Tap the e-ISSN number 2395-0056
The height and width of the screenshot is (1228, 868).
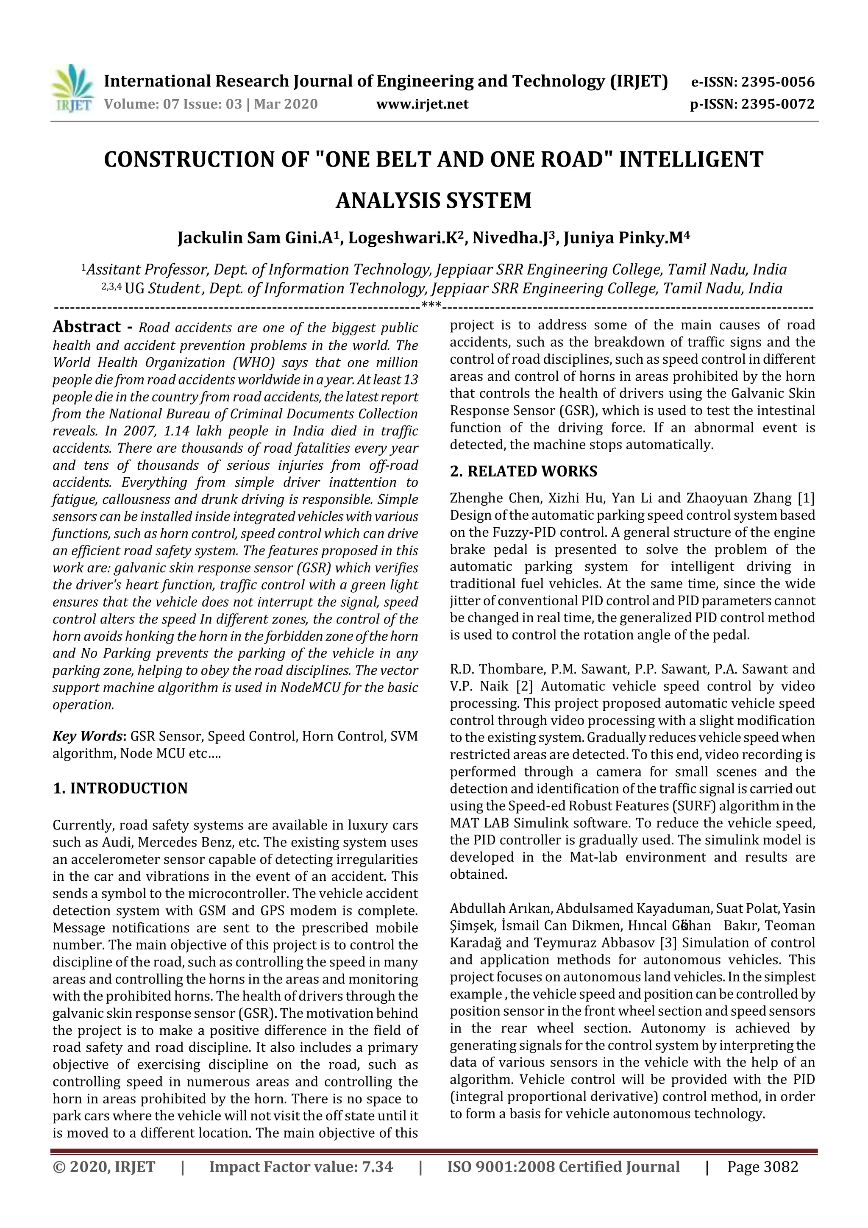[776, 82]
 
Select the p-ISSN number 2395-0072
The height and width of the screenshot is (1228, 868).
[776, 104]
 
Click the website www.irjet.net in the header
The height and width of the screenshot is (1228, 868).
[422, 104]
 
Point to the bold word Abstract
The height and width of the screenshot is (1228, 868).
[86, 327]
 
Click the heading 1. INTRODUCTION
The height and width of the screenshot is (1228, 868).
[120, 788]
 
